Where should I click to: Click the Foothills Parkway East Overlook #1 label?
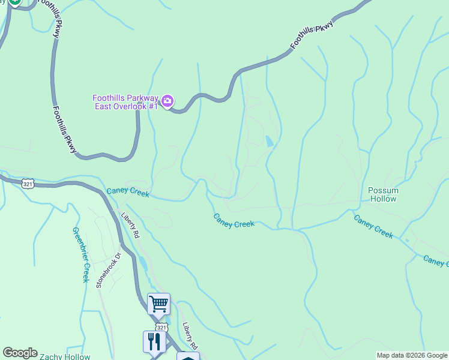(125, 102)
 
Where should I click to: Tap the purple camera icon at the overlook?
(168, 101)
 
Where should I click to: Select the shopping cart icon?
(158, 304)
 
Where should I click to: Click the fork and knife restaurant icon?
(154, 341)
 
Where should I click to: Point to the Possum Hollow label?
(383, 194)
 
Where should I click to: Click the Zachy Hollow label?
(65, 356)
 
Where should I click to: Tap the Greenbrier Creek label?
(80, 254)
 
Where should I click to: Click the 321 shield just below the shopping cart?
(161, 327)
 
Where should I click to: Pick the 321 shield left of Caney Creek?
(28, 184)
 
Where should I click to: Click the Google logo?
(20, 353)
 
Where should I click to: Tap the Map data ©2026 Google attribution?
(412, 355)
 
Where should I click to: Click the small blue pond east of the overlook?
(269, 142)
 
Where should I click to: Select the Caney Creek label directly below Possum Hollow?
(373, 227)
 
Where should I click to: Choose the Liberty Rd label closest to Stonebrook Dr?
(130, 226)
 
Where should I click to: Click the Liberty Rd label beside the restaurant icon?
(190, 336)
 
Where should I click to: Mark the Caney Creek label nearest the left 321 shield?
(128, 193)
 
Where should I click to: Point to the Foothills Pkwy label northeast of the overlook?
(312, 35)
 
